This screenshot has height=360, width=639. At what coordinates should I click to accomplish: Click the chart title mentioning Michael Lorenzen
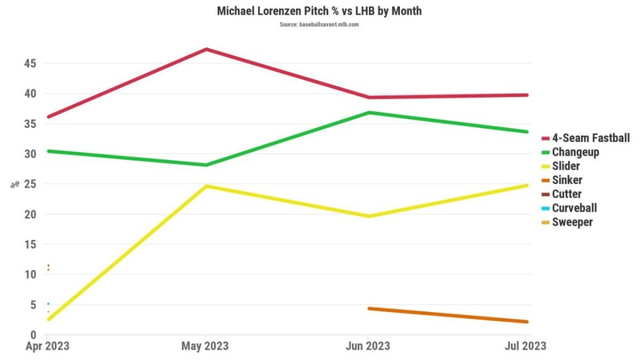pos(319,12)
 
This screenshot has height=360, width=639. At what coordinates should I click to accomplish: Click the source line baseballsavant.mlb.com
pos(319,24)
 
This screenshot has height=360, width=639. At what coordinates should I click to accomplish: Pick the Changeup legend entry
pos(575,152)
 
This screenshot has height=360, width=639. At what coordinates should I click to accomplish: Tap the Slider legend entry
pos(566,166)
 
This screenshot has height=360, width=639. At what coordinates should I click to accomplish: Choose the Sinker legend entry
pos(567,180)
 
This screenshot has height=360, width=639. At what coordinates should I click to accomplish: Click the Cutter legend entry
pos(566,194)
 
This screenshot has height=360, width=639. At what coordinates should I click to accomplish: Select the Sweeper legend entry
pos(572,223)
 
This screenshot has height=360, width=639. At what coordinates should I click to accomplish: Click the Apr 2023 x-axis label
pos(48,346)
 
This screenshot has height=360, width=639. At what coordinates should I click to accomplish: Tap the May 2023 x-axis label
pos(204,346)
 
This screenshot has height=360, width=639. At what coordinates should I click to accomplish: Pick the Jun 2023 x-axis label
pos(368,346)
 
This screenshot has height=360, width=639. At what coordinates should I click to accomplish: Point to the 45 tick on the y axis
pos(30,63)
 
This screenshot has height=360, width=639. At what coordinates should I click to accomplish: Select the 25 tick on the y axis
pos(30,184)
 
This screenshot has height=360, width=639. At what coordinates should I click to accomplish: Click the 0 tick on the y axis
pos(33,334)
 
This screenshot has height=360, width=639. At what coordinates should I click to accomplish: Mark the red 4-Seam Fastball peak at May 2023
pos(205,49)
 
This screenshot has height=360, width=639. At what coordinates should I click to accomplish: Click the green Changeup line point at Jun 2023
pos(368,113)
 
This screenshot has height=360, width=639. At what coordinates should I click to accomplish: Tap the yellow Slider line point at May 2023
pos(205,186)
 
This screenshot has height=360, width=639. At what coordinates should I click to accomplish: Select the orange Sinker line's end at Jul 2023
pos(526,322)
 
